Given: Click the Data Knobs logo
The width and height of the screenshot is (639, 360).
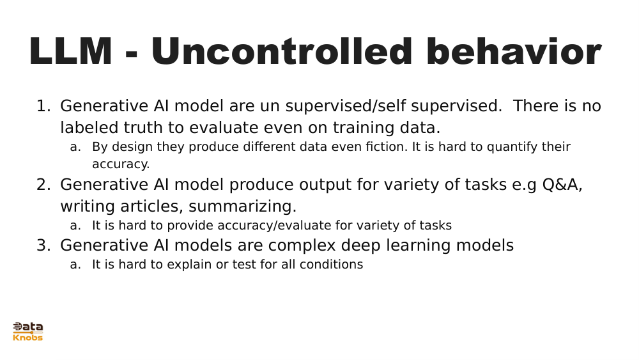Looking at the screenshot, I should point(28,331).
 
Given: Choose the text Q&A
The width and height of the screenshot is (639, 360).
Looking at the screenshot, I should point(562,185).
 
